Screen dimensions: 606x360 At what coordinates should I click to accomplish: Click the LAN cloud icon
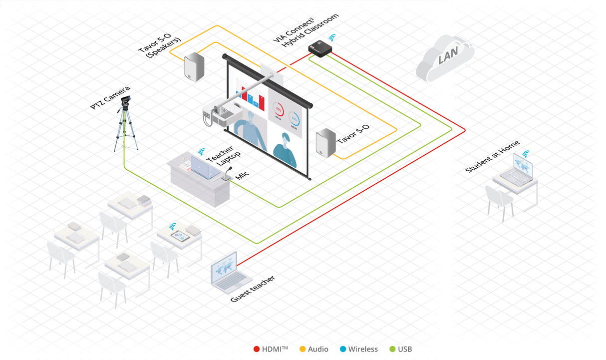[445, 58]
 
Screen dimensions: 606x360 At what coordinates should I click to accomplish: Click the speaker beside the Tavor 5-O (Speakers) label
[194, 67]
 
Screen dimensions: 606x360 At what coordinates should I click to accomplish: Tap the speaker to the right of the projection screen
[325, 142]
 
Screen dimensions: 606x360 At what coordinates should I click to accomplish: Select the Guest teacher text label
[253, 289]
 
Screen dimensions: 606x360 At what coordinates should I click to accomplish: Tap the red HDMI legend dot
[257, 349]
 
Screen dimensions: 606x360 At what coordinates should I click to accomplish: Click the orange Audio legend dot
[303, 349]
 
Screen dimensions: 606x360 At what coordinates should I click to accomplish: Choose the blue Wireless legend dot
[342, 349]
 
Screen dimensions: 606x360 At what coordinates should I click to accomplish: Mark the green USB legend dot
[392, 349]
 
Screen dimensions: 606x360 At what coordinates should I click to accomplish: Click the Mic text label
[242, 175]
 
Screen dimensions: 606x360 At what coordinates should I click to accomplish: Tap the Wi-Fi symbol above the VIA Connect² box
[331, 37]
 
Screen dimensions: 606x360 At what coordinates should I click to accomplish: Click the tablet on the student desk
[180, 236]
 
